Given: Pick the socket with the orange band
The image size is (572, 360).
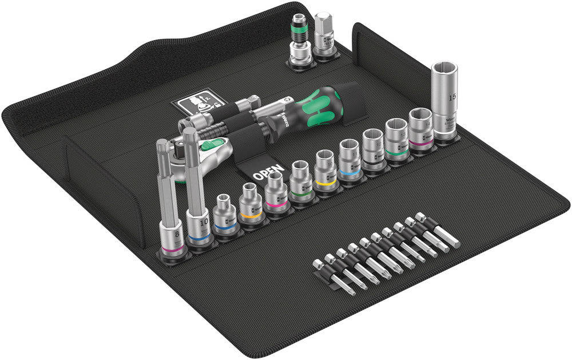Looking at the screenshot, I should click(250, 207).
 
